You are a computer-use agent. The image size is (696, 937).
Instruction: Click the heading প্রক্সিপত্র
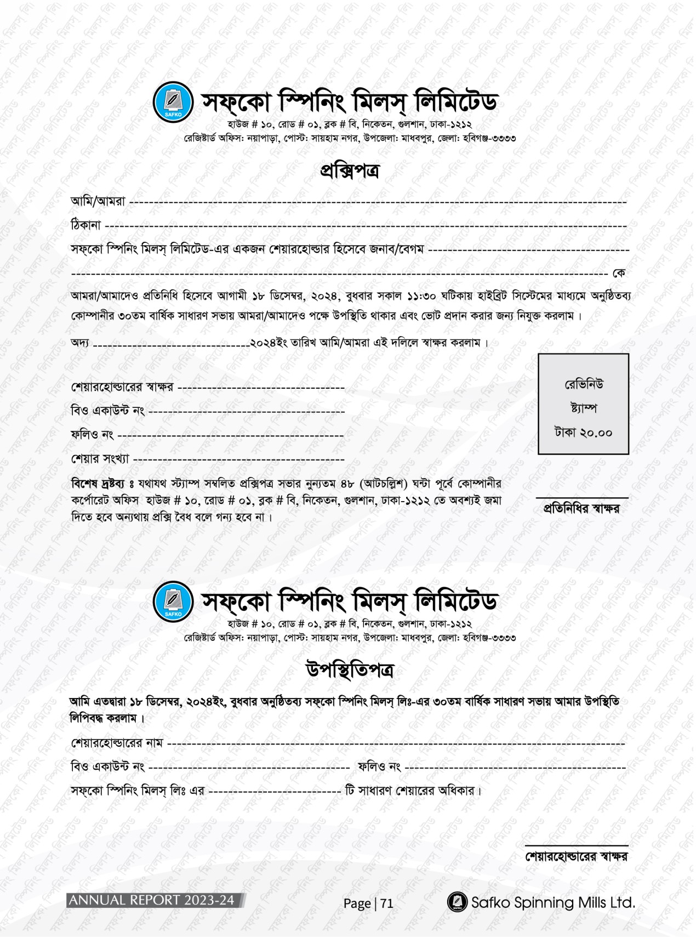coord(349,171)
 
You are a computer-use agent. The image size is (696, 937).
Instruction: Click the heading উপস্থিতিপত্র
coord(349,670)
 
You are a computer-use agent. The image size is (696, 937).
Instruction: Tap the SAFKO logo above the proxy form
coord(173,103)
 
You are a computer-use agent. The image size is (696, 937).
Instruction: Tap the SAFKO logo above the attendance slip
coord(173,601)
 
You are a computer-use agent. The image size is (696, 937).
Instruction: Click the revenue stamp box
coord(583,404)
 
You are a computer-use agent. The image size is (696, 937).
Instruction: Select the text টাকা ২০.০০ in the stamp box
coord(583,433)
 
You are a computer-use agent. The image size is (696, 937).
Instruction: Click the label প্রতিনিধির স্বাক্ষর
coord(581,508)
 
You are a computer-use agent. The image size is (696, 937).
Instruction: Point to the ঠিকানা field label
coord(86,225)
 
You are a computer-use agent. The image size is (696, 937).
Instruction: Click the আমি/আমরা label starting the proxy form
coord(98,201)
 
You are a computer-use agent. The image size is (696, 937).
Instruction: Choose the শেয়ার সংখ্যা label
coord(100,458)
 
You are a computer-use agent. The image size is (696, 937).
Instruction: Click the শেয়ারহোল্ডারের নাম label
coord(117,743)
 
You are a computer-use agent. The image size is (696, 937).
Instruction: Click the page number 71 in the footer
coord(387,903)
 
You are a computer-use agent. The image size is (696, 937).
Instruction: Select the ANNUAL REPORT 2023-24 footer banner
coord(155,900)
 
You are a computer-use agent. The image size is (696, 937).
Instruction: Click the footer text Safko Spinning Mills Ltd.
coord(552,902)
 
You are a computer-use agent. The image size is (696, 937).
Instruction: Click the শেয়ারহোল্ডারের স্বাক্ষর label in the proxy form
coord(122,387)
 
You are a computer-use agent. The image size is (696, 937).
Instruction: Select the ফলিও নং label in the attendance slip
coord(379,766)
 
